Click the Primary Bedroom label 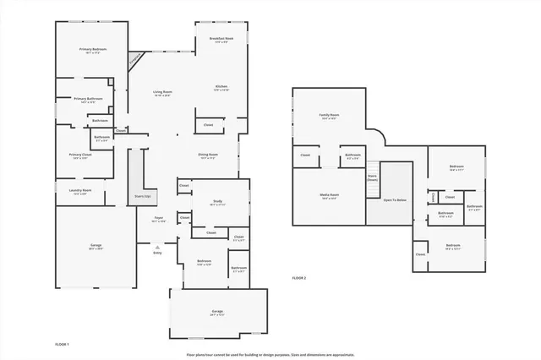click(x=91, y=49)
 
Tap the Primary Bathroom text click(x=88, y=99)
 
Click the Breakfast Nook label click(x=221, y=38)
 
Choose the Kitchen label click(x=221, y=87)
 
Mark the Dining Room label click(x=208, y=155)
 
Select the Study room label click(x=217, y=200)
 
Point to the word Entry click(x=157, y=253)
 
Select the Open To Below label click(x=395, y=200)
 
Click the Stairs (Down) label click(x=372, y=177)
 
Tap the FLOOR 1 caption click(x=62, y=345)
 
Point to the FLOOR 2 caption click(x=298, y=277)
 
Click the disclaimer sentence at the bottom click(x=270, y=355)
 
